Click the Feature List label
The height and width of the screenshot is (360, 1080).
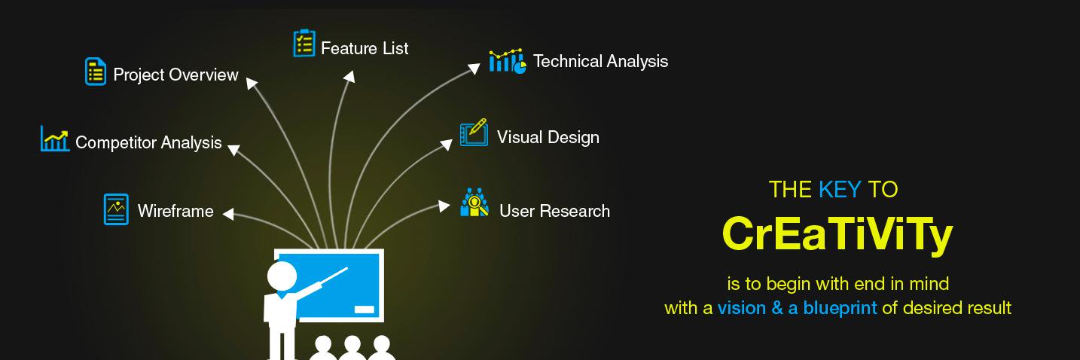tap(365, 48)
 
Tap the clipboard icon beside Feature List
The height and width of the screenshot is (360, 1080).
tap(304, 43)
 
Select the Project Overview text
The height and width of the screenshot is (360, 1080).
tap(175, 75)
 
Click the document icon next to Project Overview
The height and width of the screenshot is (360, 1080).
tap(96, 72)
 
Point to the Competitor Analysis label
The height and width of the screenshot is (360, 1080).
tap(148, 142)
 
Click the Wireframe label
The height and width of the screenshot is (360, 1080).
tap(175, 211)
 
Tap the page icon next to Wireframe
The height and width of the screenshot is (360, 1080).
tap(116, 209)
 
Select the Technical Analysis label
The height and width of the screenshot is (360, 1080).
tap(600, 61)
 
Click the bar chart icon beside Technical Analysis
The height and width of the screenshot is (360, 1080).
tap(507, 61)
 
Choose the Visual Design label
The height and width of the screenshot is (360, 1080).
tap(548, 137)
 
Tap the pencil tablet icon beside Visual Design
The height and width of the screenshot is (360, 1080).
tap(474, 132)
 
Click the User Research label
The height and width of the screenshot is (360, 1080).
tap(554, 211)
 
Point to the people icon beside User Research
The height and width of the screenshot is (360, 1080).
tap(474, 203)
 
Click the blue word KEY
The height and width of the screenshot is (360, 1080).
tap(840, 189)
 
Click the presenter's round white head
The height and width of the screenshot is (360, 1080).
tap(282, 276)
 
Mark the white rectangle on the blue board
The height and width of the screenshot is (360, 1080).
tap(365, 310)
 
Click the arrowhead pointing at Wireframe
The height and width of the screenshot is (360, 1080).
tap(228, 214)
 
